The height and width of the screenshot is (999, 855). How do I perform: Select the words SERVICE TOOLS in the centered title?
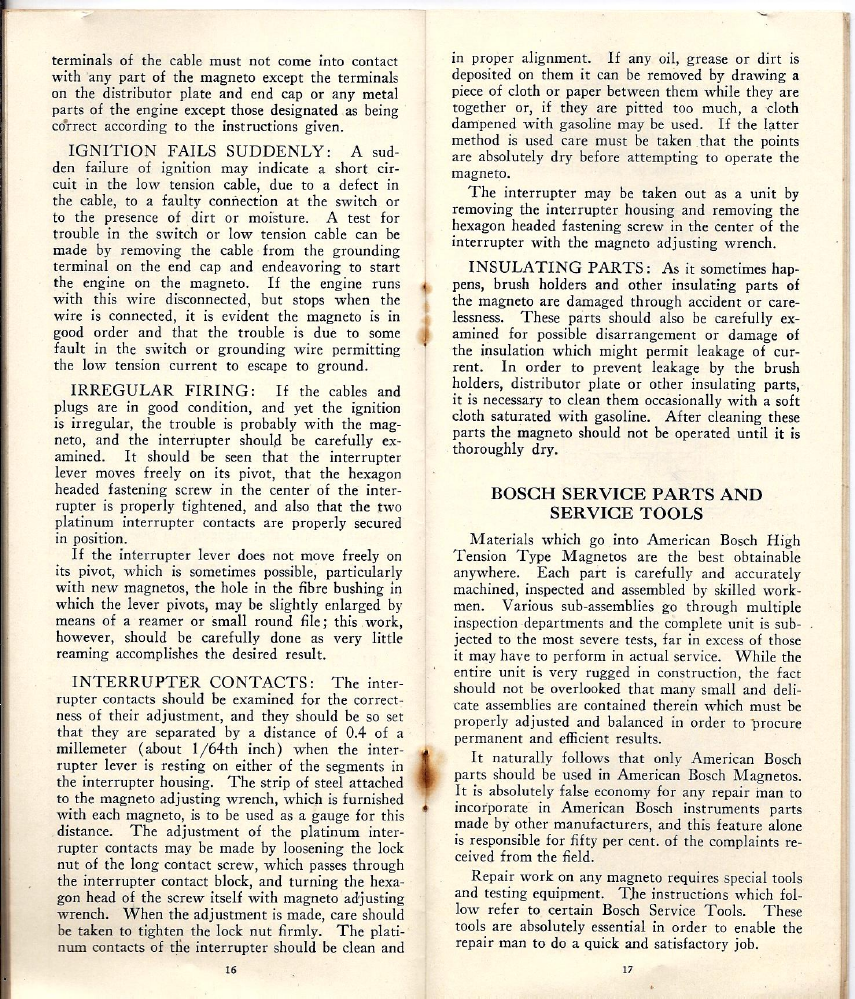click(x=626, y=513)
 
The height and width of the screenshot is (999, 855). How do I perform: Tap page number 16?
click(x=230, y=969)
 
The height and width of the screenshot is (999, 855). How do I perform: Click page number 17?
click(x=628, y=969)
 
